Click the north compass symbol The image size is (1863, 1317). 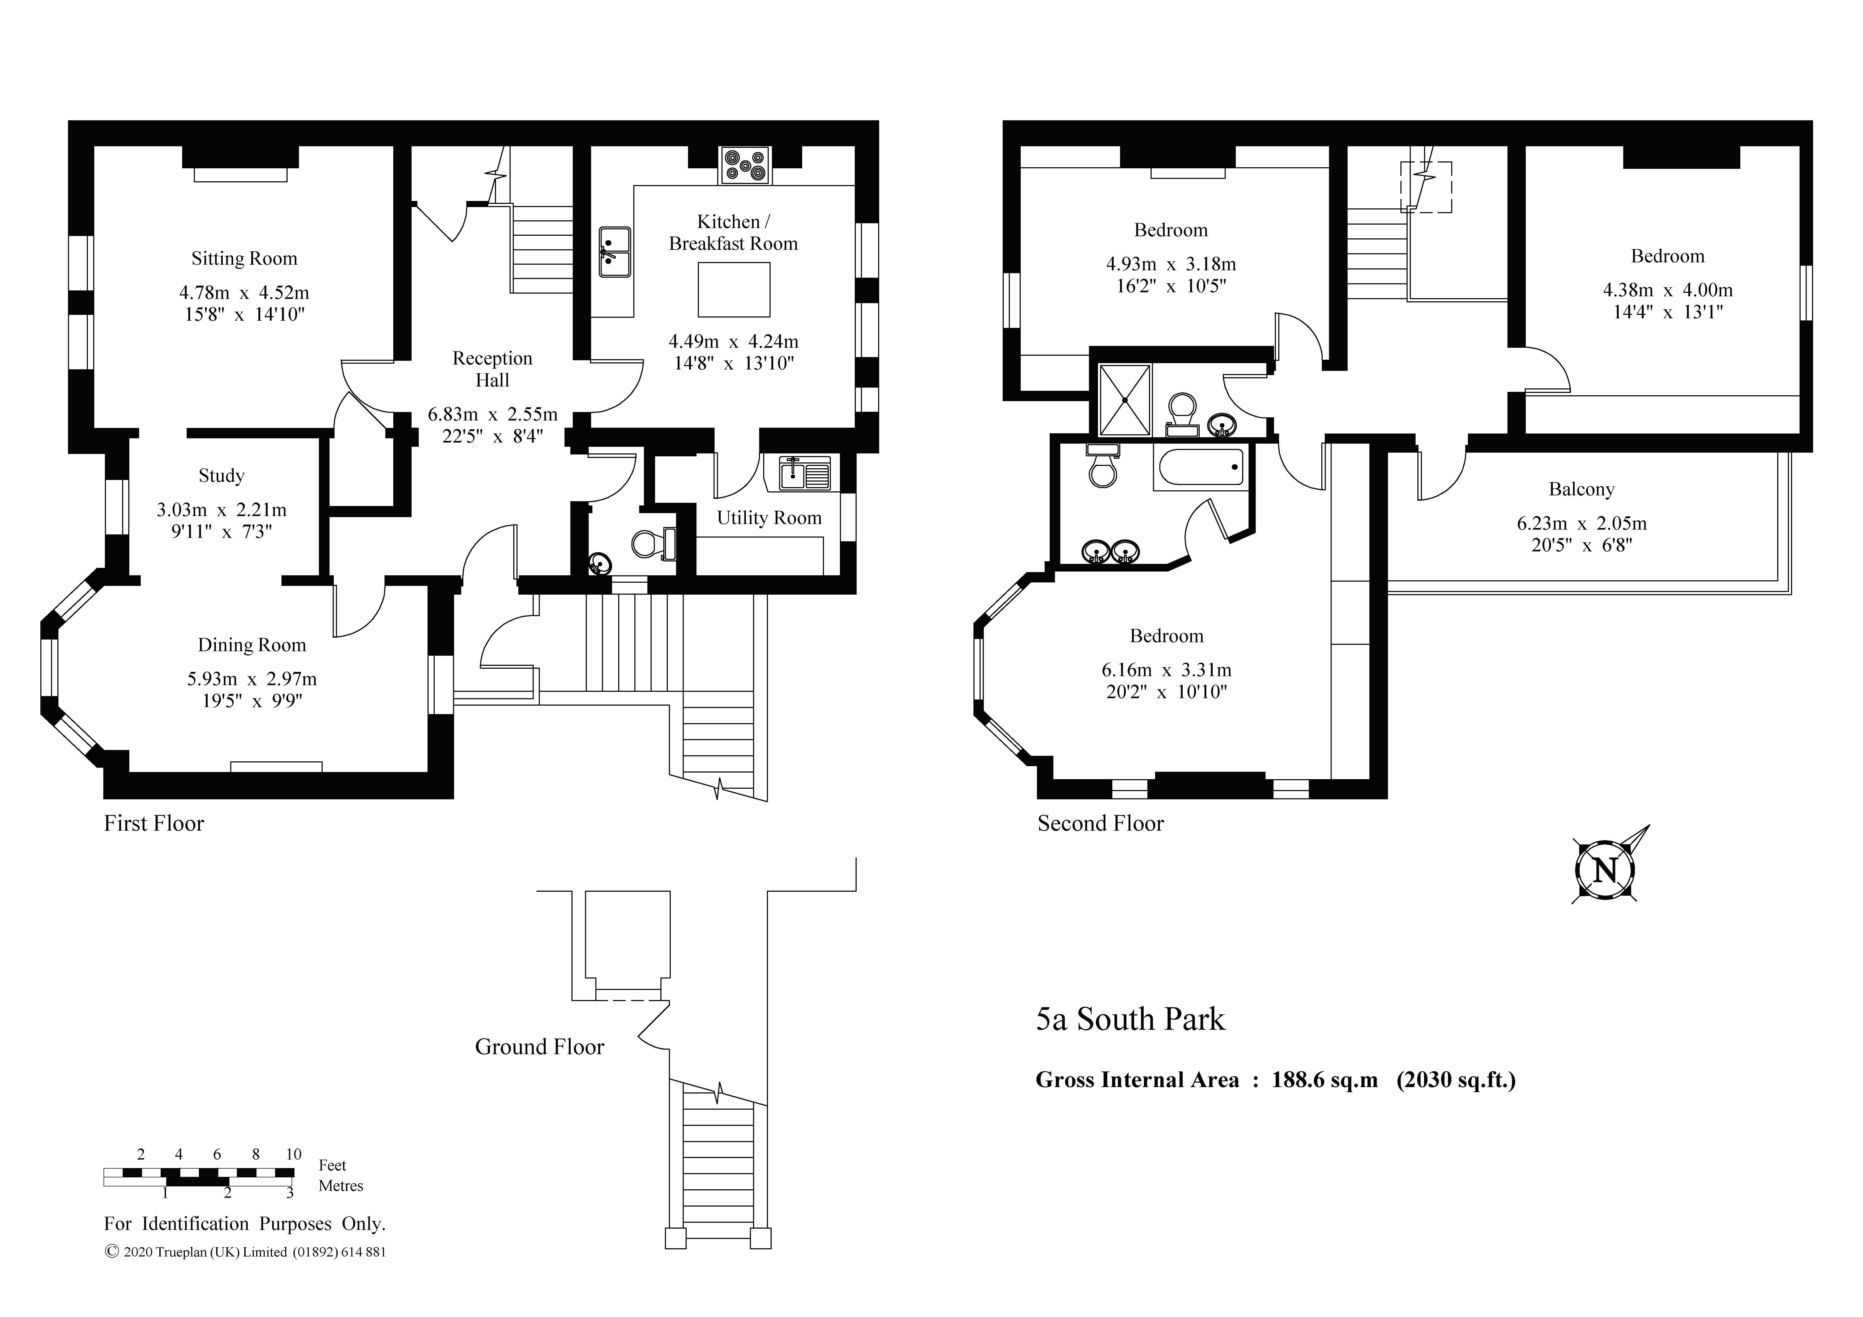pos(1605,871)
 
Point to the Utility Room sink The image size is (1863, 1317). pos(805,474)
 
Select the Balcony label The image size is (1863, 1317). pos(1582,489)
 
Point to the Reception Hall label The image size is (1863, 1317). pos(493,369)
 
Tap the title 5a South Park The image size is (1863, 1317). pos(1130,1019)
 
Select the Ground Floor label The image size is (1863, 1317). pos(540,1047)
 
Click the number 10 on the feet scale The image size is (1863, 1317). pos(294,1154)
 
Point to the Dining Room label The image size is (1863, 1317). pos(251,645)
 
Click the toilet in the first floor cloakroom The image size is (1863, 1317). pos(653,544)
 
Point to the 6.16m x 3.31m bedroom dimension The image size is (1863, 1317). pos(1167,670)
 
